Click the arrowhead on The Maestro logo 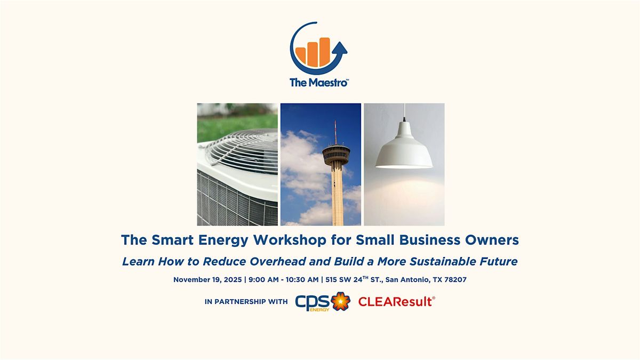click(x=341, y=49)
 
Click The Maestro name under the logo click(x=319, y=83)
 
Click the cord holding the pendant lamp click(x=404, y=120)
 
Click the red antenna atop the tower click(x=335, y=131)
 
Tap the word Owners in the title click(x=494, y=241)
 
